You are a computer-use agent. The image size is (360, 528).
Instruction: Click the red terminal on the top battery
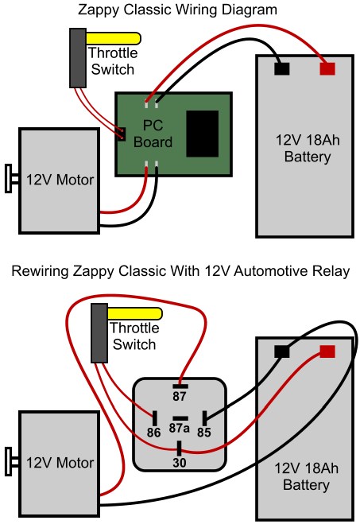[327, 68]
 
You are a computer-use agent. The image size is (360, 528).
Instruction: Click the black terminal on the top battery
[281, 68]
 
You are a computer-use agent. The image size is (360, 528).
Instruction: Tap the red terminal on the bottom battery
[327, 351]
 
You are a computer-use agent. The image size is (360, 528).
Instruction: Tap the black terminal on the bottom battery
[281, 351]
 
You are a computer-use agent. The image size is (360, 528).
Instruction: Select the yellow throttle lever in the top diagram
[114, 37]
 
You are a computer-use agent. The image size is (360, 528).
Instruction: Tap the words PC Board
[157, 135]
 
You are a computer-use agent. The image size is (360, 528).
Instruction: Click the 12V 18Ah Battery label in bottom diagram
[306, 476]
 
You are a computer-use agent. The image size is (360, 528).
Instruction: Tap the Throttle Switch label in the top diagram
[113, 61]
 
